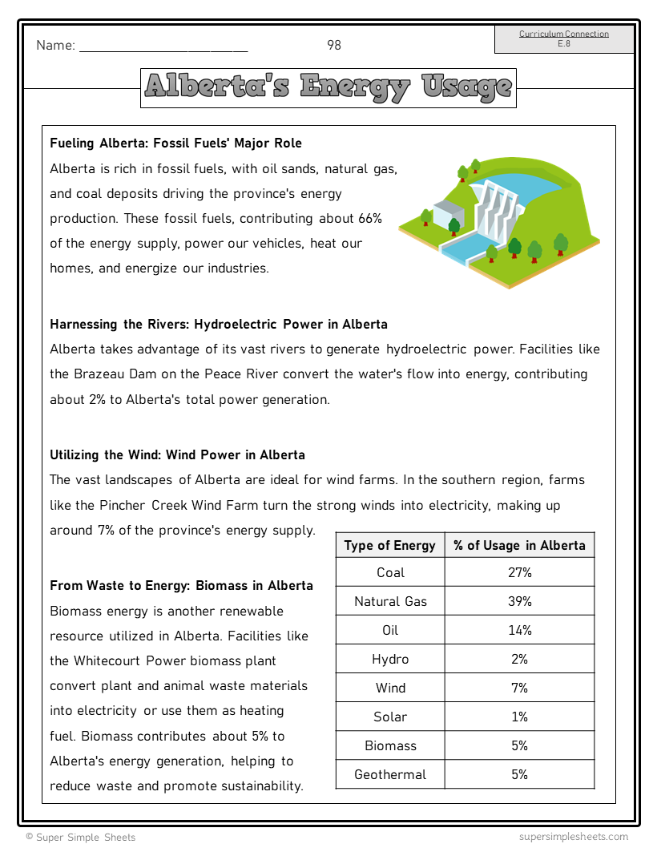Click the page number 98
(x=334, y=46)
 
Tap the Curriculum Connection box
(x=564, y=38)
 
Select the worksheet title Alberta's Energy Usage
(x=328, y=87)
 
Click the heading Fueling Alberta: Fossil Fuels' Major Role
(x=175, y=143)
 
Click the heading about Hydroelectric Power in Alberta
(x=219, y=325)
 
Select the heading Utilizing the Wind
(x=177, y=455)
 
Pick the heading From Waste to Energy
(x=181, y=586)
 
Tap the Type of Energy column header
(x=389, y=546)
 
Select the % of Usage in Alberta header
(x=519, y=546)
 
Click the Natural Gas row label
(x=390, y=602)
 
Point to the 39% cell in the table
(x=519, y=602)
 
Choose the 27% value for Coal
(x=519, y=573)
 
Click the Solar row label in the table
(x=390, y=717)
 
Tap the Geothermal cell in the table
(x=390, y=775)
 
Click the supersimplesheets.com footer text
(x=573, y=837)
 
